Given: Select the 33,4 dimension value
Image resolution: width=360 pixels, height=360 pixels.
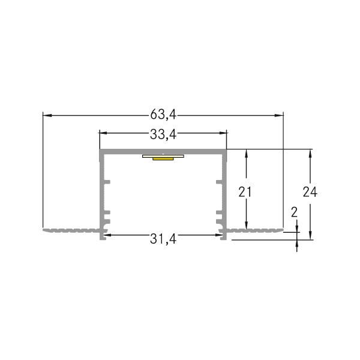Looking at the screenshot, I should (x=163, y=134).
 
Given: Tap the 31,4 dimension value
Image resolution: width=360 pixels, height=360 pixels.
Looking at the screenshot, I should (x=163, y=239).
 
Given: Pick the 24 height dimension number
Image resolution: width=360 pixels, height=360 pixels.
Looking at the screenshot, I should (x=310, y=192).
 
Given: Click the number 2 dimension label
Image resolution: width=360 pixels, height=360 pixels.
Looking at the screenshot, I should (x=294, y=212).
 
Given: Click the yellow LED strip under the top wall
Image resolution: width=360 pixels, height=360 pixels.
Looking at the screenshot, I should (x=162, y=159).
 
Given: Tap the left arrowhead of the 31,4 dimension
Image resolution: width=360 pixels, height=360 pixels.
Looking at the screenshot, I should (x=109, y=235).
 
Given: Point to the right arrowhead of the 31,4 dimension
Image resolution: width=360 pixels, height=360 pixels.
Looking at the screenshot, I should (x=217, y=235).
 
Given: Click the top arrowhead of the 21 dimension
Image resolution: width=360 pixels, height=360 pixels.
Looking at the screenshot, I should (x=246, y=153).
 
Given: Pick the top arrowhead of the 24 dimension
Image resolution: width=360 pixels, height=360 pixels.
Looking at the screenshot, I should (x=310, y=153).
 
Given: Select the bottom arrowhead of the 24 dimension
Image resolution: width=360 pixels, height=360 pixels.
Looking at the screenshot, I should (x=310, y=235).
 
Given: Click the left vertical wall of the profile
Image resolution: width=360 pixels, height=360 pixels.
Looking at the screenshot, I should (x=101, y=192).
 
